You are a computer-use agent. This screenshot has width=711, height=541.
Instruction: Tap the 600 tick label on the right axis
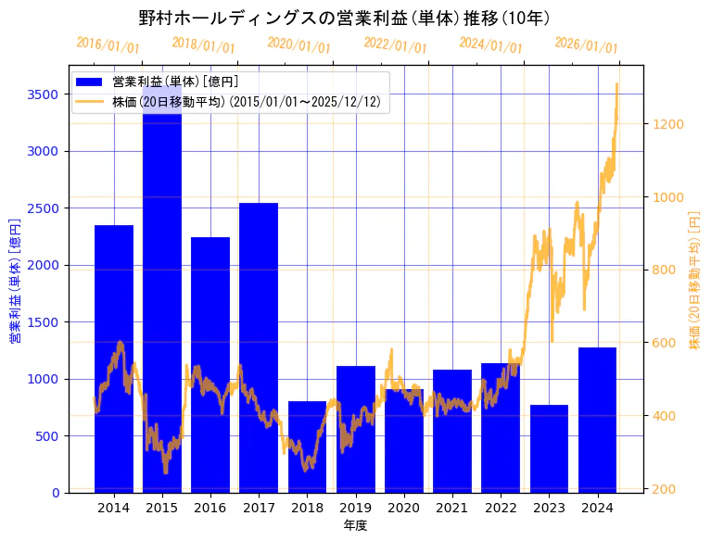click(x=664, y=343)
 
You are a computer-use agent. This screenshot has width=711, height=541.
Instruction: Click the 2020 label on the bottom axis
click(x=403, y=508)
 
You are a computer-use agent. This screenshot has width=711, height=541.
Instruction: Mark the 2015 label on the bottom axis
click(x=162, y=508)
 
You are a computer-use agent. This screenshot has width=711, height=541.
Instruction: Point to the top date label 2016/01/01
click(x=108, y=45)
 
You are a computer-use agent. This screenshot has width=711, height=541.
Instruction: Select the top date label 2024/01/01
click(x=490, y=45)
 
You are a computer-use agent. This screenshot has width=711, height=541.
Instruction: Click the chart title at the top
click(x=344, y=19)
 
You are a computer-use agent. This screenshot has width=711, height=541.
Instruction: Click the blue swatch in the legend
click(x=90, y=82)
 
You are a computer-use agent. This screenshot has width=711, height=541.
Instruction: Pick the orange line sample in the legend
click(x=90, y=101)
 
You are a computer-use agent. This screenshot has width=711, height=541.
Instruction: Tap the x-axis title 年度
click(x=356, y=525)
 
